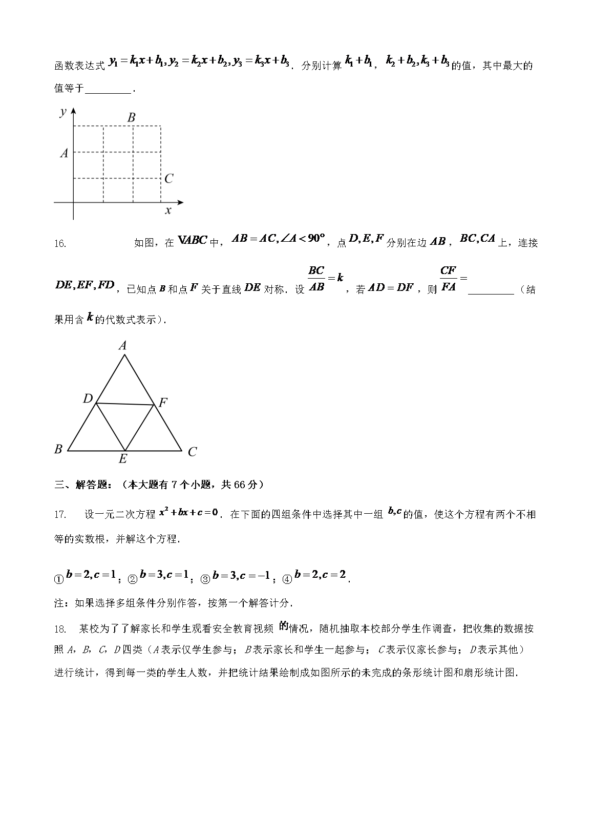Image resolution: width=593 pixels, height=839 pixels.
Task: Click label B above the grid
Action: (x=132, y=117)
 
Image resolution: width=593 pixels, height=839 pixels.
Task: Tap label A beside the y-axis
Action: (x=64, y=153)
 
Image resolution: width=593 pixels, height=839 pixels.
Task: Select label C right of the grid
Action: (x=169, y=178)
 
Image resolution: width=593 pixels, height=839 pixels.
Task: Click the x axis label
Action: (x=168, y=210)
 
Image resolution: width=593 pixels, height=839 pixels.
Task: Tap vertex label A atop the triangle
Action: (x=123, y=346)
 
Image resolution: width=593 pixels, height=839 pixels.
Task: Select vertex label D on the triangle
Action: (x=88, y=398)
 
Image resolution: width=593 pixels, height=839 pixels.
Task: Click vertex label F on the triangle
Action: (x=163, y=403)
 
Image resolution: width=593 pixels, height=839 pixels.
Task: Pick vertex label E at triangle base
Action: (x=123, y=459)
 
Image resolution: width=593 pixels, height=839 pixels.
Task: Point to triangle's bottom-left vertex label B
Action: (x=58, y=449)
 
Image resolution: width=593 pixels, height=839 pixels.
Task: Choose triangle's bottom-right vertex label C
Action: (x=192, y=452)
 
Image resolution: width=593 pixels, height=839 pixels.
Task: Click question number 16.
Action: (x=60, y=244)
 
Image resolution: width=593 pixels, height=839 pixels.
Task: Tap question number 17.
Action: (x=60, y=514)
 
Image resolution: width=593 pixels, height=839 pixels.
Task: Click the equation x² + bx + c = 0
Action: (x=188, y=512)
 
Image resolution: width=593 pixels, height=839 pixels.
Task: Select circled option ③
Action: (x=205, y=579)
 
